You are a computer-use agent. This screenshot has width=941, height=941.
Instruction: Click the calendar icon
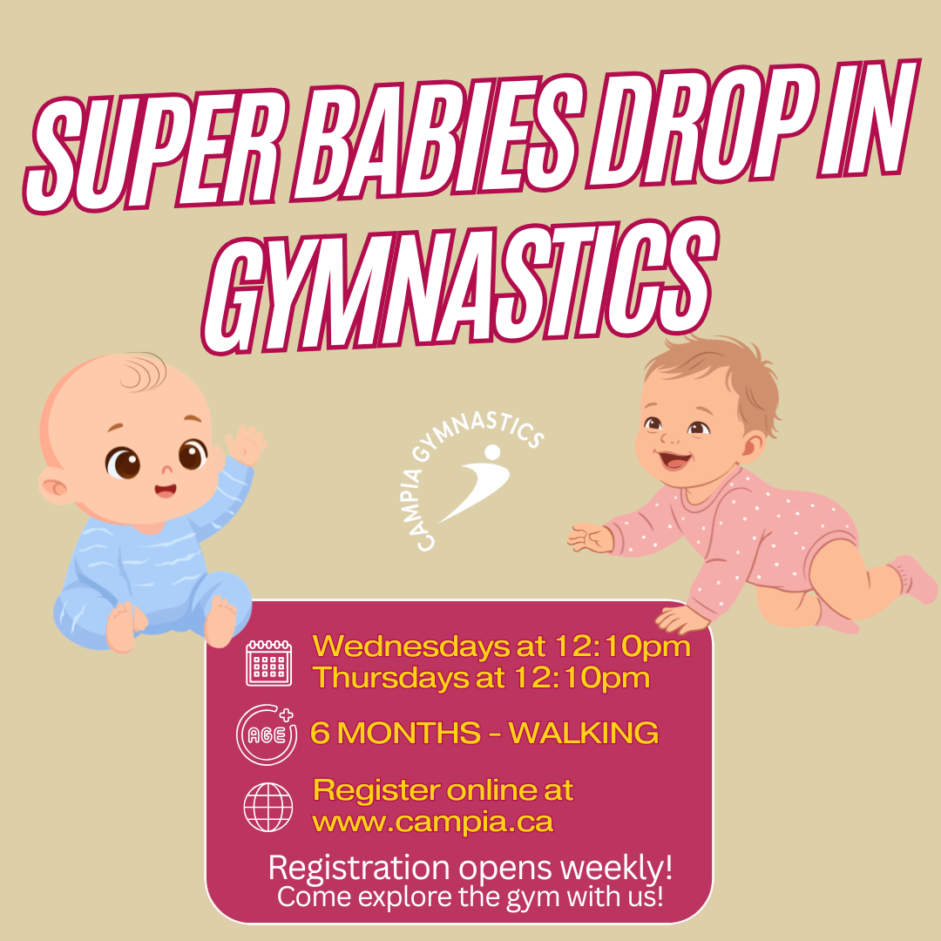pos(269,662)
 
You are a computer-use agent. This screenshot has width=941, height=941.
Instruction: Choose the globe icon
pos(268,807)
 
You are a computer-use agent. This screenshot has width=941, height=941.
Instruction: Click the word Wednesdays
pos(411,647)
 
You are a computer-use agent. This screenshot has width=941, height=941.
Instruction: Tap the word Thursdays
pos(391,678)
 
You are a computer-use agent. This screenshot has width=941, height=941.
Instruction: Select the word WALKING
pos(583,733)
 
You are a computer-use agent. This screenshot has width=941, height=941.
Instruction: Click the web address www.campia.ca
pos(433,823)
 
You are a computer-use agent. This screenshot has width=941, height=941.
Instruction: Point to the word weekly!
pos(616,869)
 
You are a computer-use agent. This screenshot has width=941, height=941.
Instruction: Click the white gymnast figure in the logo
pos(477,482)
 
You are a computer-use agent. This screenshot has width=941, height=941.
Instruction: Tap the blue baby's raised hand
pos(245,444)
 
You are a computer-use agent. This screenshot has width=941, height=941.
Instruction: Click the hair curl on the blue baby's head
pos(143,372)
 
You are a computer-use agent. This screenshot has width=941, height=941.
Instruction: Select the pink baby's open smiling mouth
pos(674,461)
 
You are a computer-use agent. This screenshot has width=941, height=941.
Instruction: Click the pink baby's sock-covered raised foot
pos(912,579)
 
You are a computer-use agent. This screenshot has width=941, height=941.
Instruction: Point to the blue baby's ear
pos(56,485)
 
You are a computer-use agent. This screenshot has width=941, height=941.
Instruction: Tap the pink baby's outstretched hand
pos(591,538)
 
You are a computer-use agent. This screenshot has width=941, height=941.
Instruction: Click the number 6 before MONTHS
pos(320,733)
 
